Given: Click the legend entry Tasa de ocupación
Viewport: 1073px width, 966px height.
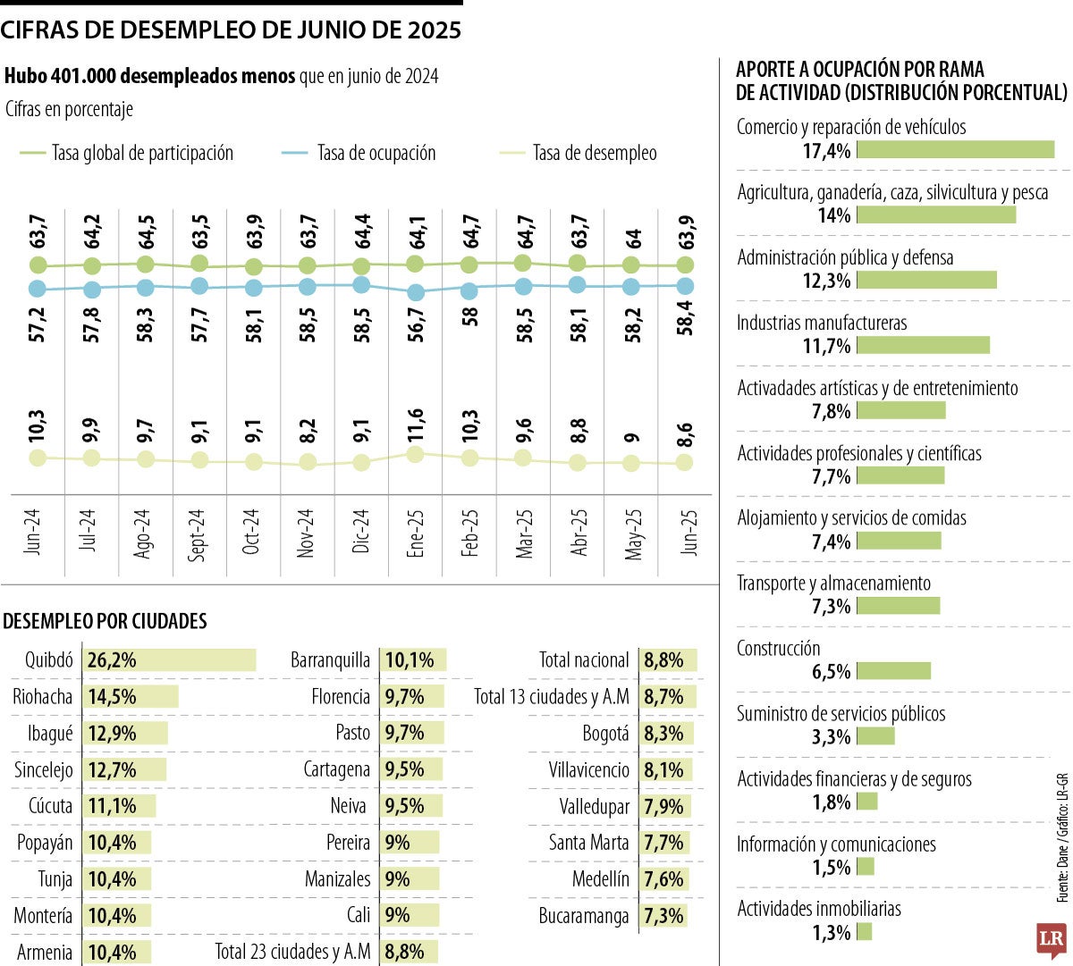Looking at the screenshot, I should (376, 154).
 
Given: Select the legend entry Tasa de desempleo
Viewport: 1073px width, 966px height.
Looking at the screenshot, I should (595, 154).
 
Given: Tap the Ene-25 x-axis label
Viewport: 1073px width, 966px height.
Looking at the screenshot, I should (416, 533).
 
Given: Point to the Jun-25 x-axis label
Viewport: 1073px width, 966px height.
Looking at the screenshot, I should (689, 533).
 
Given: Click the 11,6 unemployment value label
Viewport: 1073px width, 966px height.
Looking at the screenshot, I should (416, 426).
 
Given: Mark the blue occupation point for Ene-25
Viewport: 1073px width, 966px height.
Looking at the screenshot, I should (416, 292).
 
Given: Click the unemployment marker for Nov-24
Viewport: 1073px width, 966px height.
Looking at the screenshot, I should (308, 462).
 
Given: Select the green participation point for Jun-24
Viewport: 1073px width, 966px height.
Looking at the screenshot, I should (38, 265).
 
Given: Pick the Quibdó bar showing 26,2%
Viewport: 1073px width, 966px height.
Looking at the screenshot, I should (170, 660).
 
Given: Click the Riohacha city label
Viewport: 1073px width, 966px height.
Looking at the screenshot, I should (42, 697).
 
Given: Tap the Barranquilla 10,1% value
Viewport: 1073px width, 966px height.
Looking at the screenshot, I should (410, 660).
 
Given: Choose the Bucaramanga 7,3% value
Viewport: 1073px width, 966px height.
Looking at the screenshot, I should (663, 916).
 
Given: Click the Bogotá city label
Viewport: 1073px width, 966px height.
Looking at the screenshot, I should (605, 734).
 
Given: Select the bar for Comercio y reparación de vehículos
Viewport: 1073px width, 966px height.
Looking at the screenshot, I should (955, 150).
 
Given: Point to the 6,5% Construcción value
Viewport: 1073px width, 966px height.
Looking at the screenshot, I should (831, 671).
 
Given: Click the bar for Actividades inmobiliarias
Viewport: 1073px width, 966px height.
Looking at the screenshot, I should (864, 932).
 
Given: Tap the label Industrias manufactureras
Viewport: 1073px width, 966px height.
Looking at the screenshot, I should (821, 323).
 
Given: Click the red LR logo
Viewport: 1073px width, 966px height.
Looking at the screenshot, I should (1051, 940).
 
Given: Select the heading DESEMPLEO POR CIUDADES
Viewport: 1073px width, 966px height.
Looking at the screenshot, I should (106, 621).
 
